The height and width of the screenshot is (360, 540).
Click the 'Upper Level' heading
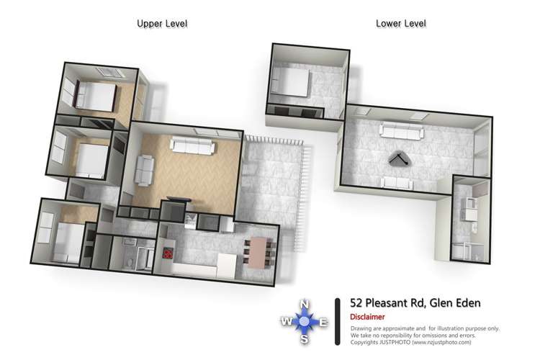[162, 24]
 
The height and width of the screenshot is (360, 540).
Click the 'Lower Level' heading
[400, 24]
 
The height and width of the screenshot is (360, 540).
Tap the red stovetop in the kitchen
[168, 253]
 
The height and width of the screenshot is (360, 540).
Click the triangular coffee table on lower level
[399, 160]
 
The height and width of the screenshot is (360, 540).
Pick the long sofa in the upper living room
[192, 147]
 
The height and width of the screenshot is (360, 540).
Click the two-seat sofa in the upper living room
[145, 169]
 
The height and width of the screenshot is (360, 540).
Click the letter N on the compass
[305, 303]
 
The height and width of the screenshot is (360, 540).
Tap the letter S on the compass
[305, 338]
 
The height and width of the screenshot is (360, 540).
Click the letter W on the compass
[287, 321]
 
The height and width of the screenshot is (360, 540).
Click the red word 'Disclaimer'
[367, 317]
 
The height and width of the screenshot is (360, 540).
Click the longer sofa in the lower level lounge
[401, 130]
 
